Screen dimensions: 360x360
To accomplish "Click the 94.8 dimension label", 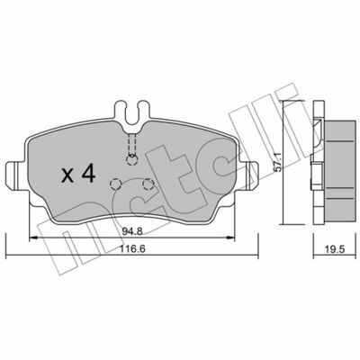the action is [x=132, y=231].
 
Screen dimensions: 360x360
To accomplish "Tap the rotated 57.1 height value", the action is [x=278, y=162].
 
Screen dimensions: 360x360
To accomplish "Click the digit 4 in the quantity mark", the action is [x=88, y=174].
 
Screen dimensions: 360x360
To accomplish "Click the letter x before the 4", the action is [x=67, y=176].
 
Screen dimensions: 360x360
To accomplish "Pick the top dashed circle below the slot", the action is [x=132, y=159].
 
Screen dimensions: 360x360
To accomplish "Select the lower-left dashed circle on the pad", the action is [x=115, y=184].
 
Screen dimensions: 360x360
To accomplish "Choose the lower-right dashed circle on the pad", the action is [x=148, y=184].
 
